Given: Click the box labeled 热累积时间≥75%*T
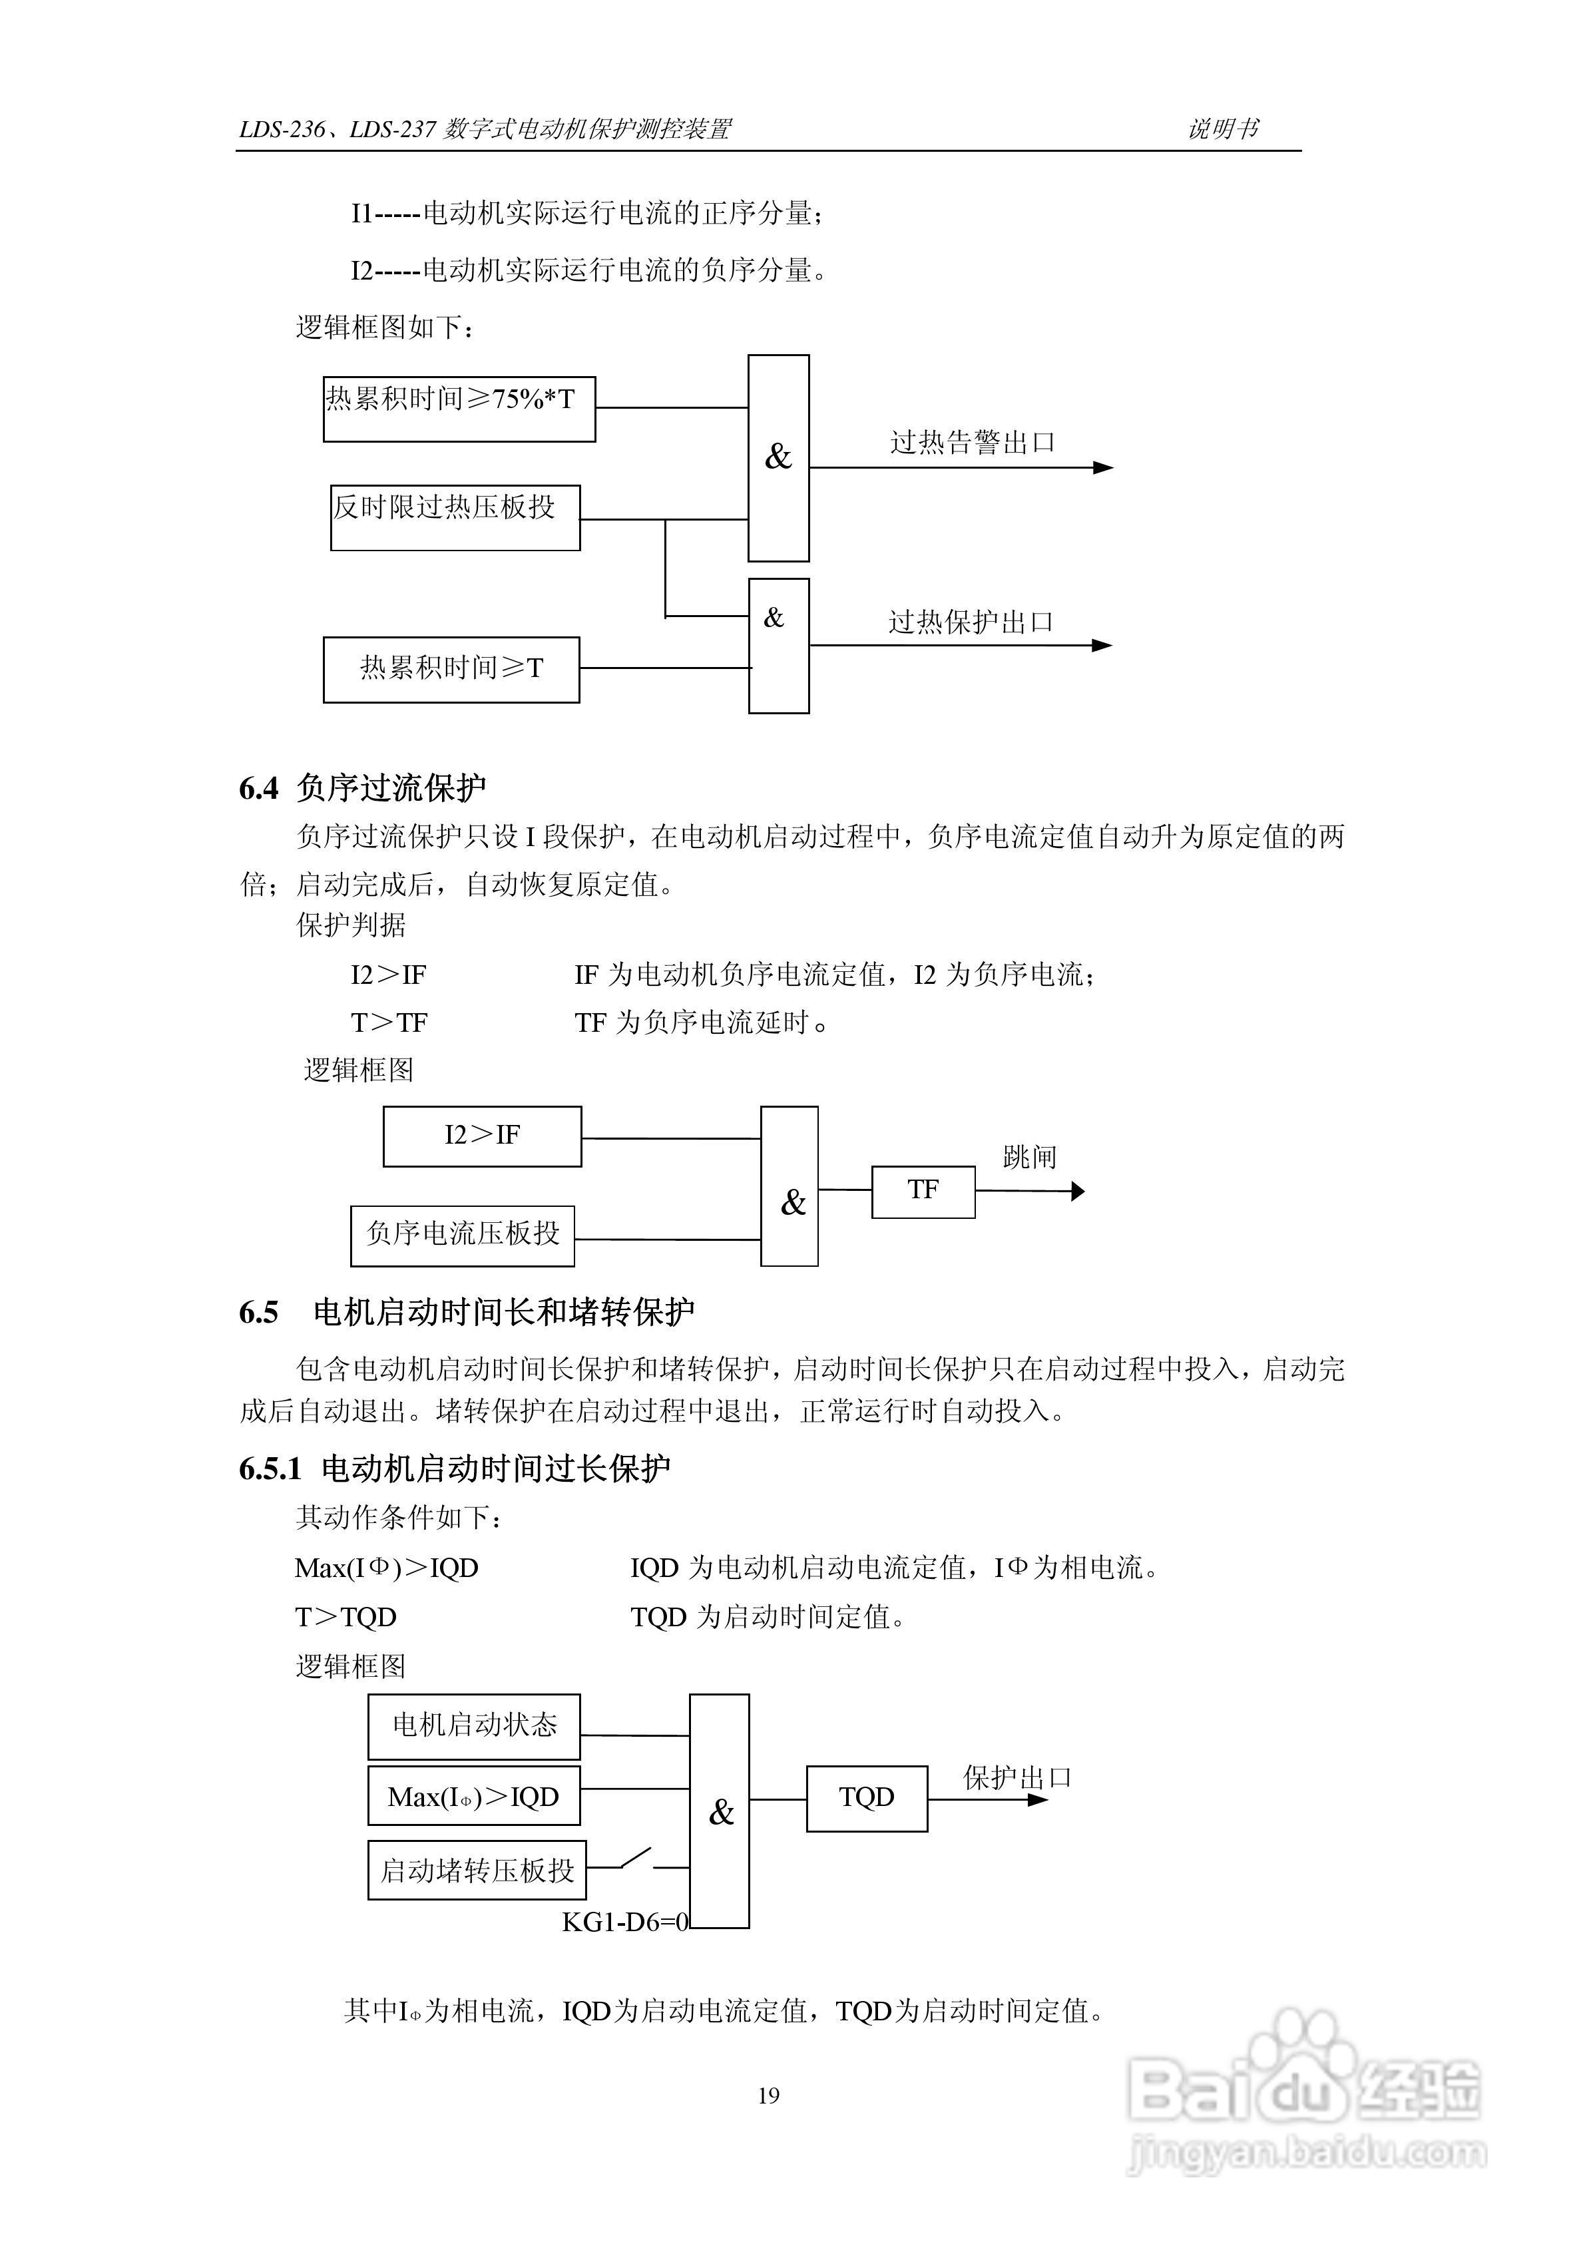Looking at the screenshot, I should point(459,409).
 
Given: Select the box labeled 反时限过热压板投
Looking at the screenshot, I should point(455,517).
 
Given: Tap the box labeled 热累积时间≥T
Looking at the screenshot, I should point(451,670).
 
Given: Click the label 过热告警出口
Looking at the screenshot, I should point(972,443).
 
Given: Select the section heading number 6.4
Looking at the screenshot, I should point(259,788).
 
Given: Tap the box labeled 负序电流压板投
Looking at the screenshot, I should point(462,1235).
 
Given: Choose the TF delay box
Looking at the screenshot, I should point(923,1192).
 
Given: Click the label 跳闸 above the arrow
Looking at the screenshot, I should point(1029,1157).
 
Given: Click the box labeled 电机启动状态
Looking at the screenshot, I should point(474,1726).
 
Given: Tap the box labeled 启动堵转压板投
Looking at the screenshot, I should point(477,1869).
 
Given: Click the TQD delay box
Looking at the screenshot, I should point(866,1798).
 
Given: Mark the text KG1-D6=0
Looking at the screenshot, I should point(625,1922).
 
